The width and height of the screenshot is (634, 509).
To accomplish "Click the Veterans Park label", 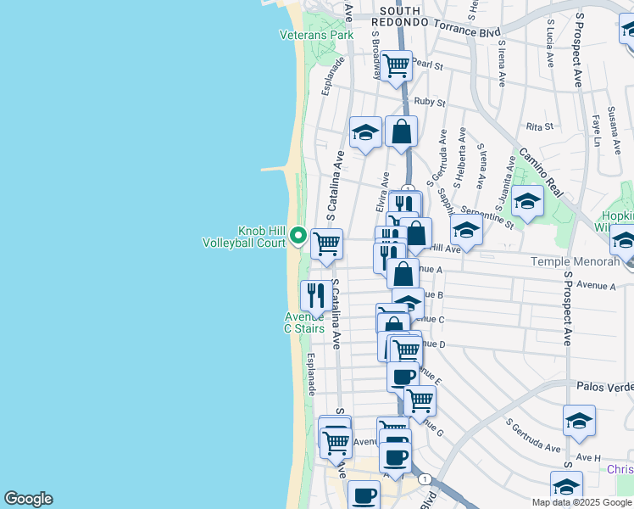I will click(x=316, y=35).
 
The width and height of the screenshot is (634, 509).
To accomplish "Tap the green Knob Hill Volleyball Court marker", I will click(x=298, y=235).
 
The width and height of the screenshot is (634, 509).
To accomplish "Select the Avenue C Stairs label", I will click(x=304, y=322).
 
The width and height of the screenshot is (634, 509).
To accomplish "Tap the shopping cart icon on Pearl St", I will click(x=396, y=65).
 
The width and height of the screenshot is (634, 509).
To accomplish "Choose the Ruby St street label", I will click(x=430, y=101).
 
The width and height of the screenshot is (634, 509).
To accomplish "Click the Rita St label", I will click(x=539, y=126).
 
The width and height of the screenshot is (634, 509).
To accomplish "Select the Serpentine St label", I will click(x=487, y=217).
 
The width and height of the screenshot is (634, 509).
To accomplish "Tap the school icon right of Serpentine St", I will click(x=526, y=201).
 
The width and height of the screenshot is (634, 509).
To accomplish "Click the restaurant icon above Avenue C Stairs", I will click(x=316, y=294).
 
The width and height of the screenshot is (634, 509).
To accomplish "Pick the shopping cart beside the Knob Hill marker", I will click(x=326, y=244).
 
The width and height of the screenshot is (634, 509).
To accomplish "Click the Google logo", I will click(x=28, y=499).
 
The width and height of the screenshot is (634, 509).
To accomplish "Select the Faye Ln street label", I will click(x=596, y=130).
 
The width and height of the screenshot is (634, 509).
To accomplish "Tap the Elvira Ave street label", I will click(x=382, y=193).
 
